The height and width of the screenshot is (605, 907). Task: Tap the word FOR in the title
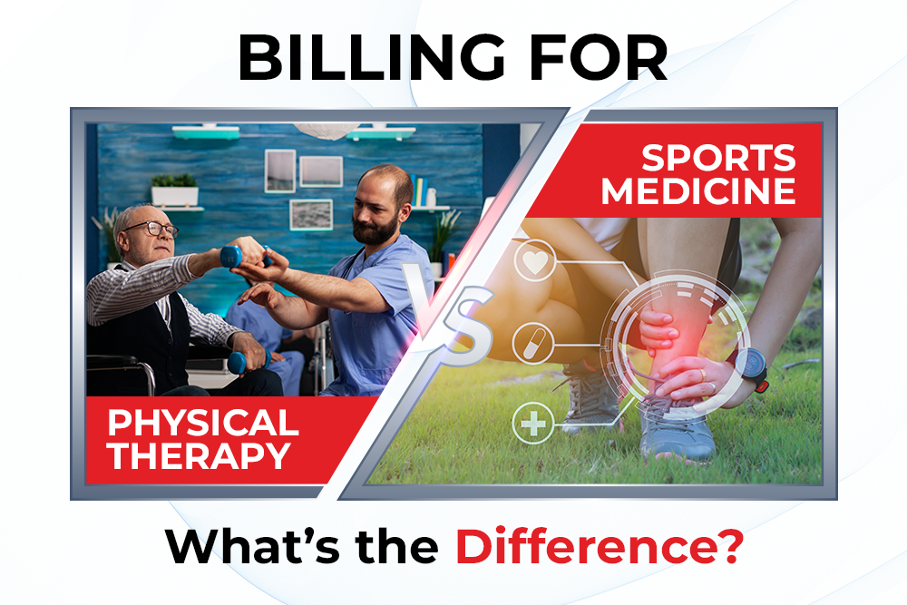(599, 57)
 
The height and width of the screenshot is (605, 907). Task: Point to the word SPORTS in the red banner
(719, 157)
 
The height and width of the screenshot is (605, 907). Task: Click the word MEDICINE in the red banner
(698, 190)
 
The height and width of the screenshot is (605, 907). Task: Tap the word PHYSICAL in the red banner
(203, 423)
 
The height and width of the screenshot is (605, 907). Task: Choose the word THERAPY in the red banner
(200, 455)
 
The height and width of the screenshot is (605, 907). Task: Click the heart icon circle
(534, 261)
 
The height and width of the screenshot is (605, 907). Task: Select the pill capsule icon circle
(533, 344)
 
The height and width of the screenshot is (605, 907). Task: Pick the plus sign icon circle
(533, 424)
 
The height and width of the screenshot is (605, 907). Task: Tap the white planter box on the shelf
(175, 196)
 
